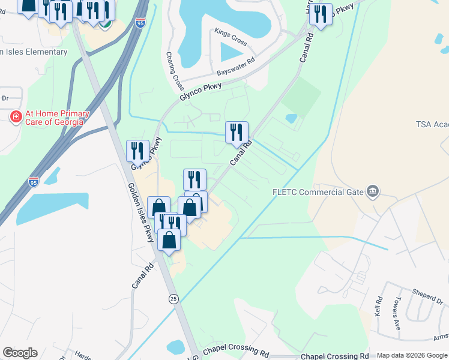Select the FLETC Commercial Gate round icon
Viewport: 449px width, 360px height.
[x=373, y=191]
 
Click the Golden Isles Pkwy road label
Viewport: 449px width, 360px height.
[x=140, y=213]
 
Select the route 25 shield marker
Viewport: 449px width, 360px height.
[x=173, y=298]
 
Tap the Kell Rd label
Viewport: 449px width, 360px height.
[x=378, y=308]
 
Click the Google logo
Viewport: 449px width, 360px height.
[x=20, y=353]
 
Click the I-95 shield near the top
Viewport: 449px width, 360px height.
[x=140, y=23]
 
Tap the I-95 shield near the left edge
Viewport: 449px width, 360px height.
[x=34, y=181]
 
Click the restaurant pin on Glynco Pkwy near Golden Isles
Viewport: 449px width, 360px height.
[x=137, y=151]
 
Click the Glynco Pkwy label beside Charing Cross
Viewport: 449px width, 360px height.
[x=200, y=95]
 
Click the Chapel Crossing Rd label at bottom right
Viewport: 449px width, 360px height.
[x=334, y=356]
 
